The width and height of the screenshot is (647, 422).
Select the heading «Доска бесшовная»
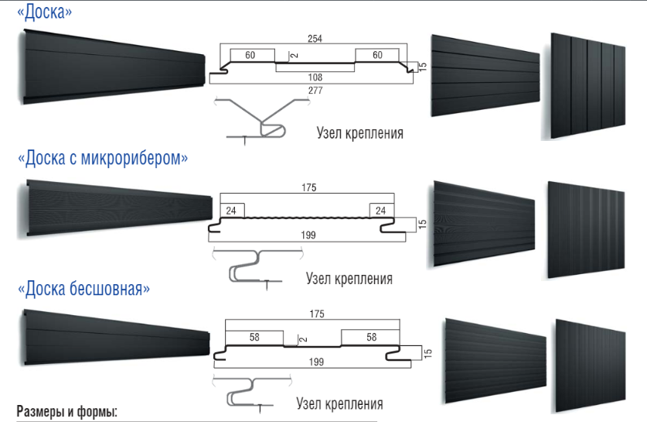click(x=83, y=289)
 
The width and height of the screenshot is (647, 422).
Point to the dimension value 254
click(x=315, y=38)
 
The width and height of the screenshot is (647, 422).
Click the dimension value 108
click(x=315, y=77)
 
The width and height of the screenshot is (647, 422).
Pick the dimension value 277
click(x=315, y=91)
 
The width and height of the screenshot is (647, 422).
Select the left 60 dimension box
click(x=250, y=56)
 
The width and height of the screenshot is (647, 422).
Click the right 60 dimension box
click(x=377, y=56)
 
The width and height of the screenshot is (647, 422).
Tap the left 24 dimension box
click(x=232, y=210)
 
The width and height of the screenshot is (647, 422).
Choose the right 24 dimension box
click(x=380, y=210)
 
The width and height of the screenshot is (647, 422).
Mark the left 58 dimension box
click(x=254, y=338)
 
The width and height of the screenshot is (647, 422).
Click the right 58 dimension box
click(x=371, y=338)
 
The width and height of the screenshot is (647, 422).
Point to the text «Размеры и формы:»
click(x=67, y=411)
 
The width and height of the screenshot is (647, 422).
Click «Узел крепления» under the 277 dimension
click(x=359, y=132)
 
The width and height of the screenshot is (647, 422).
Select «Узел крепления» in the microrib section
click(x=349, y=278)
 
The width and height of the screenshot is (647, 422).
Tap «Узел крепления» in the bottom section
click(x=339, y=403)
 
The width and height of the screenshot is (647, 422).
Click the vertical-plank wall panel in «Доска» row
click(x=588, y=85)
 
